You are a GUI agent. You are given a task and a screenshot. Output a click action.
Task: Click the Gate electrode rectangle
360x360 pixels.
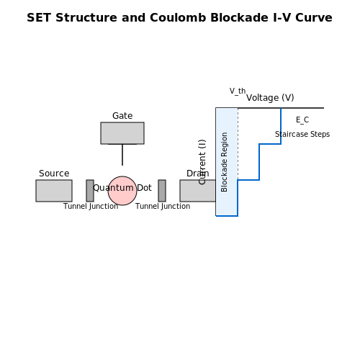122,133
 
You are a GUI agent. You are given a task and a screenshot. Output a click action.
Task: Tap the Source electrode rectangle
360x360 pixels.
54,191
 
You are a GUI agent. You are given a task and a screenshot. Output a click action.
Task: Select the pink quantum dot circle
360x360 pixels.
122,191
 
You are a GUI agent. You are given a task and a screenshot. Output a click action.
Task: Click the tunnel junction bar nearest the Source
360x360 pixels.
90,191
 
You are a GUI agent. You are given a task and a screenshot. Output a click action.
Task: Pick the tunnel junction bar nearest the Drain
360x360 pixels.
162,191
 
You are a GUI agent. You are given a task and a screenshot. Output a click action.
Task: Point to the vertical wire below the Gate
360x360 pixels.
122,155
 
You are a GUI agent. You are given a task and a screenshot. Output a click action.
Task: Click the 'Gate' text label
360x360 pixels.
122,116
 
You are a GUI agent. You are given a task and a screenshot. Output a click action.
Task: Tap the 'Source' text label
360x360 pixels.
54,174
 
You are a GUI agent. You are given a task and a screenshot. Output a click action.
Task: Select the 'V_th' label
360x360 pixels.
238,91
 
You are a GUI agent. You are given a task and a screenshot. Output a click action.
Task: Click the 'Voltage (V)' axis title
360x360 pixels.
270,98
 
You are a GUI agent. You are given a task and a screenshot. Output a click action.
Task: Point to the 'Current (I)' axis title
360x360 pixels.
202,162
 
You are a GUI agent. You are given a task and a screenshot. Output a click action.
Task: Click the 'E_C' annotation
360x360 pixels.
302,120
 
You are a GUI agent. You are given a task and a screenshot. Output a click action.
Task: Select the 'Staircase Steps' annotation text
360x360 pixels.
302,134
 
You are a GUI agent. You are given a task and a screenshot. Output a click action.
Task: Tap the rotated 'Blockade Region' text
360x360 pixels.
224,162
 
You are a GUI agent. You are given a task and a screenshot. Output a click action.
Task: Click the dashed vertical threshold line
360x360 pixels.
238,144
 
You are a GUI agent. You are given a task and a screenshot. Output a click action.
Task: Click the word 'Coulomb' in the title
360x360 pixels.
178,18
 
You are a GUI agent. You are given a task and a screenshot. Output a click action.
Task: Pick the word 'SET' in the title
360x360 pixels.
39,18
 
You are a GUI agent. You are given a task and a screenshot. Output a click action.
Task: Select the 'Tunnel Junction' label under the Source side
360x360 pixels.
91,206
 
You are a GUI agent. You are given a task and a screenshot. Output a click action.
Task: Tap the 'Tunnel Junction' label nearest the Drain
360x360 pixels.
163,206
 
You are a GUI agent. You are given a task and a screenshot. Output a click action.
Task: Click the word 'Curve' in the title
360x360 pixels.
314,18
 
